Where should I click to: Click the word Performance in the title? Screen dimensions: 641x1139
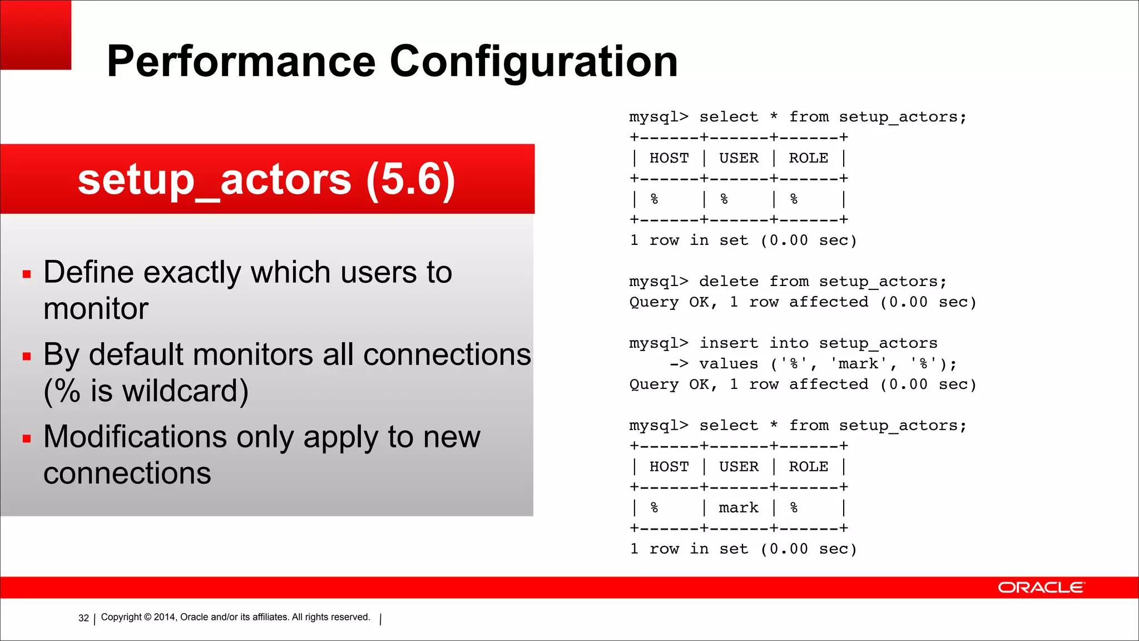tap(241, 61)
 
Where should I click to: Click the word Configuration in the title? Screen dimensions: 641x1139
tap(533, 62)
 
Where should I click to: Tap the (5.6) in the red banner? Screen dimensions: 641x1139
tap(410, 180)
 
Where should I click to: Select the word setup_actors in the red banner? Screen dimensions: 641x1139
tap(215, 180)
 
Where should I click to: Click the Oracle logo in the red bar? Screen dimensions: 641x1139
tap(1041, 588)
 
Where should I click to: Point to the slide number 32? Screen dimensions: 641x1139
tap(83, 618)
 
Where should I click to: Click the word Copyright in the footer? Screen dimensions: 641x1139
tap(121, 617)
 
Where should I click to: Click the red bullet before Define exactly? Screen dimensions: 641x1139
tap(27, 274)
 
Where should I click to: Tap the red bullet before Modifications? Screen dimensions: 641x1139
tap(27, 438)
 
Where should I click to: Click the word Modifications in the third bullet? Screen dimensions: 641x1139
tap(135, 437)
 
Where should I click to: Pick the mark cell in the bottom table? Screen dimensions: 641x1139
tap(738, 508)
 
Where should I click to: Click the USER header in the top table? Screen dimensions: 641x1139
tap(738, 159)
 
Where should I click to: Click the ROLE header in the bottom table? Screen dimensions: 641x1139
tap(808, 467)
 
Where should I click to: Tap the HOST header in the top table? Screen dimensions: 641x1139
tap(668, 159)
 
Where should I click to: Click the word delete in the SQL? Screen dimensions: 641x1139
tap(729, 282)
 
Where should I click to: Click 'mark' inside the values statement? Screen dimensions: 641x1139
tap(858, 364)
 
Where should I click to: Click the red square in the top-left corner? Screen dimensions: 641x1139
tap(36, 34)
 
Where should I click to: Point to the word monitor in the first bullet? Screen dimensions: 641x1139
tap(96, 309)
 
